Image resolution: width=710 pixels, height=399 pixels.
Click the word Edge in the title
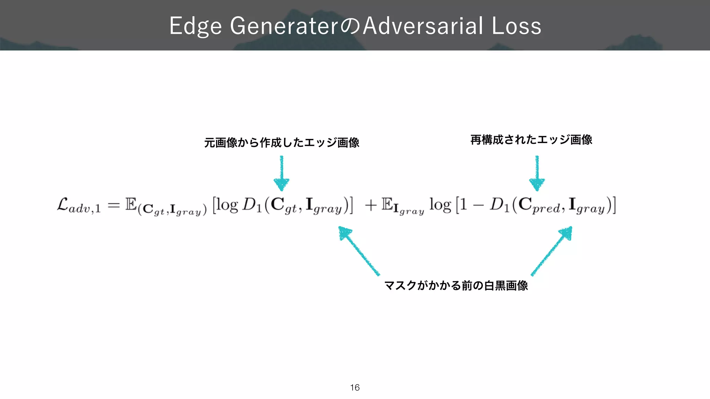[x=195, y=26]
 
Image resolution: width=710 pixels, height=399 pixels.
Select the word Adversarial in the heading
[x=423, y=26]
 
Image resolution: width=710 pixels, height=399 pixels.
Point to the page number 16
[x=355, y=388]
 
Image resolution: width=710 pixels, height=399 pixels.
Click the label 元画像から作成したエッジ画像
[x=282, y=142]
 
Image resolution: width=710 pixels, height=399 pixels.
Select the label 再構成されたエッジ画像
[x=531, y=140]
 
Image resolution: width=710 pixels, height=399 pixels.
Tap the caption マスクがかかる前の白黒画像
[x=456, y=285]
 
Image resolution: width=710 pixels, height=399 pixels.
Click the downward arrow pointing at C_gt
[x=282, y=173]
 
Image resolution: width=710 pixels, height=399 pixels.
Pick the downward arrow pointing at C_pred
[x=537, y=173]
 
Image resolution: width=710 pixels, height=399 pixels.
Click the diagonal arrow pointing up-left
[x=358, y=250]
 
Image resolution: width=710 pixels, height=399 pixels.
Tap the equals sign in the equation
[x=114, y=205]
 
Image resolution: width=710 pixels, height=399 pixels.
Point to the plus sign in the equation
[x=371, y=205]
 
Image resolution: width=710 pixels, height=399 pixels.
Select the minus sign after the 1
[x=478, y=205]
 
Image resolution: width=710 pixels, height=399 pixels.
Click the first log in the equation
[x=227, y=205]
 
